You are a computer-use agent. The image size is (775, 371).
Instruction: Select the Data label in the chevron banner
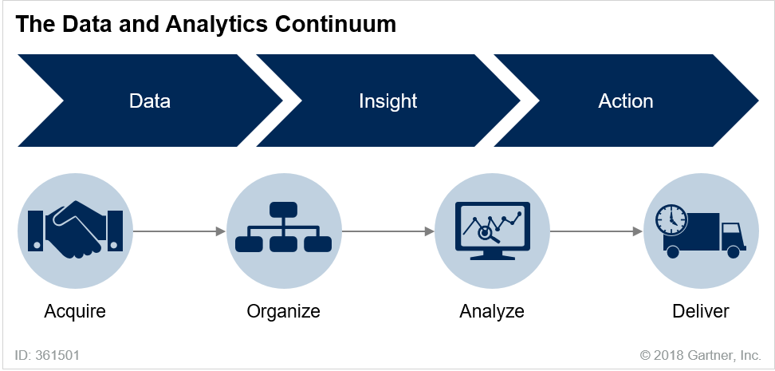point(150,101)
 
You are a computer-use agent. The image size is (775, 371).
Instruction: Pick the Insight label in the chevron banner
point(388,101)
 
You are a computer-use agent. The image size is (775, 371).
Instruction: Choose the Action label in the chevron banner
point(626,101)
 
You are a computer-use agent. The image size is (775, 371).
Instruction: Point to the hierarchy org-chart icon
point(284,231)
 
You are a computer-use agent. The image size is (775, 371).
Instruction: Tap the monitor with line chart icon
point(492,231)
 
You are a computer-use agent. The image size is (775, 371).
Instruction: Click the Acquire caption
point(75,311)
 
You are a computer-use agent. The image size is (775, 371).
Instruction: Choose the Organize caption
point(284,311)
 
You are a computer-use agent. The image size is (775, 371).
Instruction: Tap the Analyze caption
point(492,311)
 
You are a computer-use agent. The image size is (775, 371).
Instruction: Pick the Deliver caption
point(701,311)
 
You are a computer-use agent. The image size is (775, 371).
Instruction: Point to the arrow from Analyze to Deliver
point(596,231)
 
